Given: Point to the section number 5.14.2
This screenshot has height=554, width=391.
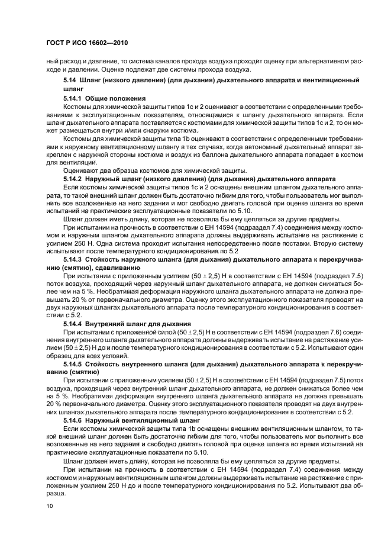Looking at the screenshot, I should tap(72, 178).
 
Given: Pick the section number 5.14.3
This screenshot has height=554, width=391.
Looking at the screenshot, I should tap(72, 259).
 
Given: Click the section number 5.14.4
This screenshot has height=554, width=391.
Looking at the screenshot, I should tap(72, 324).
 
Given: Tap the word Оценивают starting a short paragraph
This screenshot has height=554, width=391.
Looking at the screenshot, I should tap(82, 170).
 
